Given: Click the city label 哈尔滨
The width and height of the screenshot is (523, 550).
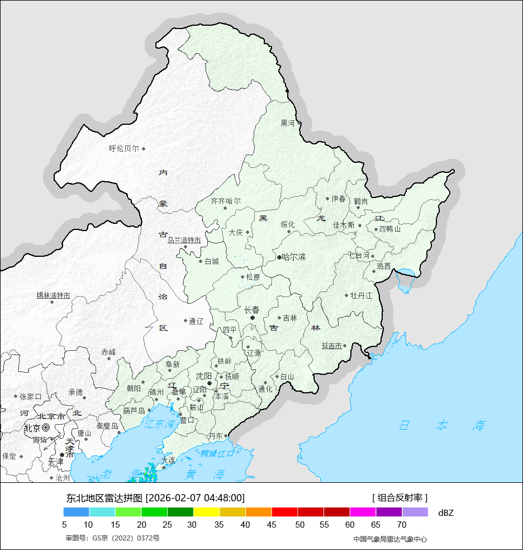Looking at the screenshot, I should tap(294, 257).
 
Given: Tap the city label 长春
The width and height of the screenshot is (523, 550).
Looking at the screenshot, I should tap(252, 309).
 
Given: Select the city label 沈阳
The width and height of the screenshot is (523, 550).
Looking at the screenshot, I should tap(203, 375).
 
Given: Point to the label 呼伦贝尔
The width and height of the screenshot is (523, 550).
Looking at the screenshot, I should tap(124, 149).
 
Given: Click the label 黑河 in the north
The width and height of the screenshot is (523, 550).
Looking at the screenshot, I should tap(287, 123).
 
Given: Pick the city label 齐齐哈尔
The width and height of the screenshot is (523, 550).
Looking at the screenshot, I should tap(226, 201).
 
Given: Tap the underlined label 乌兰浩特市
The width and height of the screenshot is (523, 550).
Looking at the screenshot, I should tap(184, 240).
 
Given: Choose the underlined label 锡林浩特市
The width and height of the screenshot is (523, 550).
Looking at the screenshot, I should tap(53, 295).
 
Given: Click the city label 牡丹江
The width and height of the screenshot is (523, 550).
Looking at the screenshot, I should tap(361, 295).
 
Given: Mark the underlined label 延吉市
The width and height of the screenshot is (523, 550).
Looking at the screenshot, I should tap(331, 346).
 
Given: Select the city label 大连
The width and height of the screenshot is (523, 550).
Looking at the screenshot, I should tap(168, 460).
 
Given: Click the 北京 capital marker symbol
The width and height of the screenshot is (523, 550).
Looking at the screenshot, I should tap(46, 428).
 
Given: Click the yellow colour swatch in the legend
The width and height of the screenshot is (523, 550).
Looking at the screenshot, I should tap(206, 512).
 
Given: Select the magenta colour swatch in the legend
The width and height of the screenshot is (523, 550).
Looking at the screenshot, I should tap(363, 512).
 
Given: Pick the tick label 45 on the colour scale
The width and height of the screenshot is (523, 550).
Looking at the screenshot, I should tap(272, 525).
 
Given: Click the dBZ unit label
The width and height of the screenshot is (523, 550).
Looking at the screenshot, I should tap(446, 513).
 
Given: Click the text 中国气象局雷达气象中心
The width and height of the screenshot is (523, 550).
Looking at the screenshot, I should tap(390, 539).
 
